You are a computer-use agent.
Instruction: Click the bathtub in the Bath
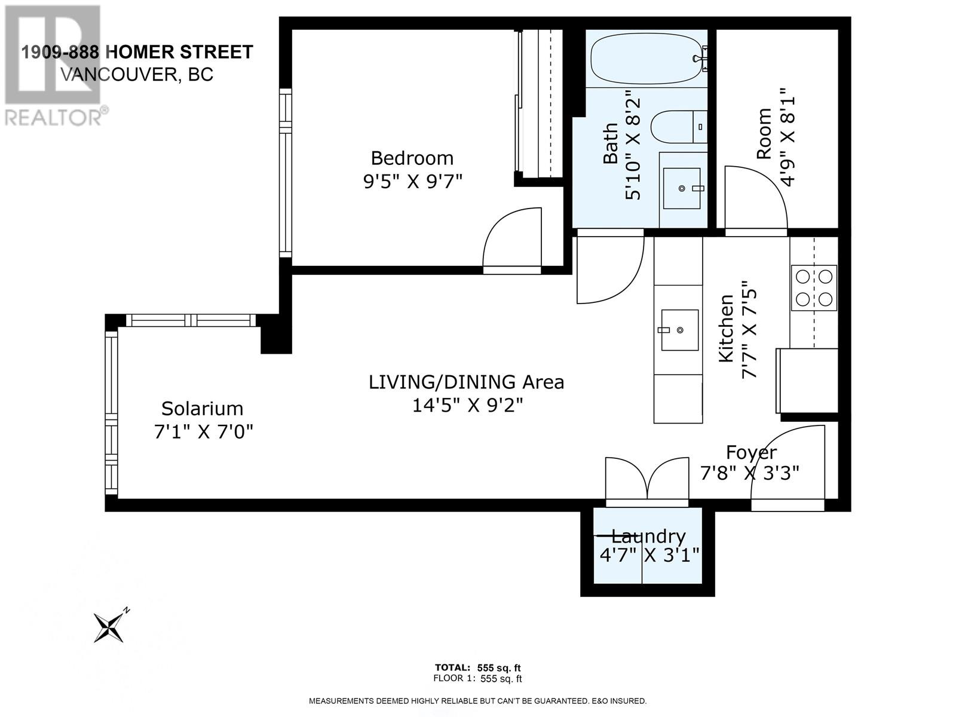pyautogui.click(x=648, y=59)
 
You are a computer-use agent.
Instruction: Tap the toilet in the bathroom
pyautogui.click(x=679, y=127)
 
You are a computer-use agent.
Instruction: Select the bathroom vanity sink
pyautogui.click(x=682, y=188)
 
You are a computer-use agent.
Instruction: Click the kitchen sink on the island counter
pyautogui.click(x=679, y=330)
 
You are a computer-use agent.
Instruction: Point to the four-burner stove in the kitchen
pyautogui.click(x=814, y=288)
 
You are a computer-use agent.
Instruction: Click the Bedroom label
pyautogui.click(x=412, y=158)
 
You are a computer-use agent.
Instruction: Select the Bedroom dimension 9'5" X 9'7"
pyautogui.click(x=412, y=182)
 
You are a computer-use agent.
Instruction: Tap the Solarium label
pyautogui.click(x=202, y=409)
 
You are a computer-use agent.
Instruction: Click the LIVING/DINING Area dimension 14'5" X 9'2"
pyautogui.click(x=467, y=406)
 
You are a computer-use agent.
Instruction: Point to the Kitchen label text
pyautogui.click(x=725, y=328)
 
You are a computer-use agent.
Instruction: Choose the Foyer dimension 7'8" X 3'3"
pyautogui.click(x=749, y=473)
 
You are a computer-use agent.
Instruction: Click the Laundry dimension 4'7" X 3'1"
pyautogui.click(x=649, y=555)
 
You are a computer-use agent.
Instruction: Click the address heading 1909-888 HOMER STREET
pyautogui.click(x=137, y=52)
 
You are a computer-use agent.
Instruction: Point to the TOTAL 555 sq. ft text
pyautogui.click(x=478, y=668)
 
